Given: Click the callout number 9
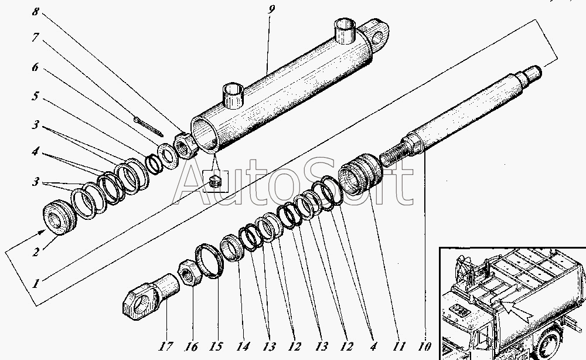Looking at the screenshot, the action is [x=271, y=9].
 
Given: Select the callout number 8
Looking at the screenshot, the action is [x=36, y=12].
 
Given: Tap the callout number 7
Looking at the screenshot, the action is [x=36, y=38].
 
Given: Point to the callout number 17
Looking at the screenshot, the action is [x=166, y=347].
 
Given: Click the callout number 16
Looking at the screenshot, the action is [x=191, y=347].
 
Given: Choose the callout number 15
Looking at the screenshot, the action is [x=216, y=347].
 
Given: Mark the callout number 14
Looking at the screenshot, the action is [x=243, y=347].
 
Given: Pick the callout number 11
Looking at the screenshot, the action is [x=398, y=347].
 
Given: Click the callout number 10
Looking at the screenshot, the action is [x=424, y=347].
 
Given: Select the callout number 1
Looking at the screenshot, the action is [x=36, y=284].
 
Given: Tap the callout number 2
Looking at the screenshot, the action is [x=36, y=252].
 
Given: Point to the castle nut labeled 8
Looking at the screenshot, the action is [x=184, y=146].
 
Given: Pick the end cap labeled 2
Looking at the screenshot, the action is [x=60, y=218].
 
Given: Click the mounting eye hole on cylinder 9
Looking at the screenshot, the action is [x=377, y=38].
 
